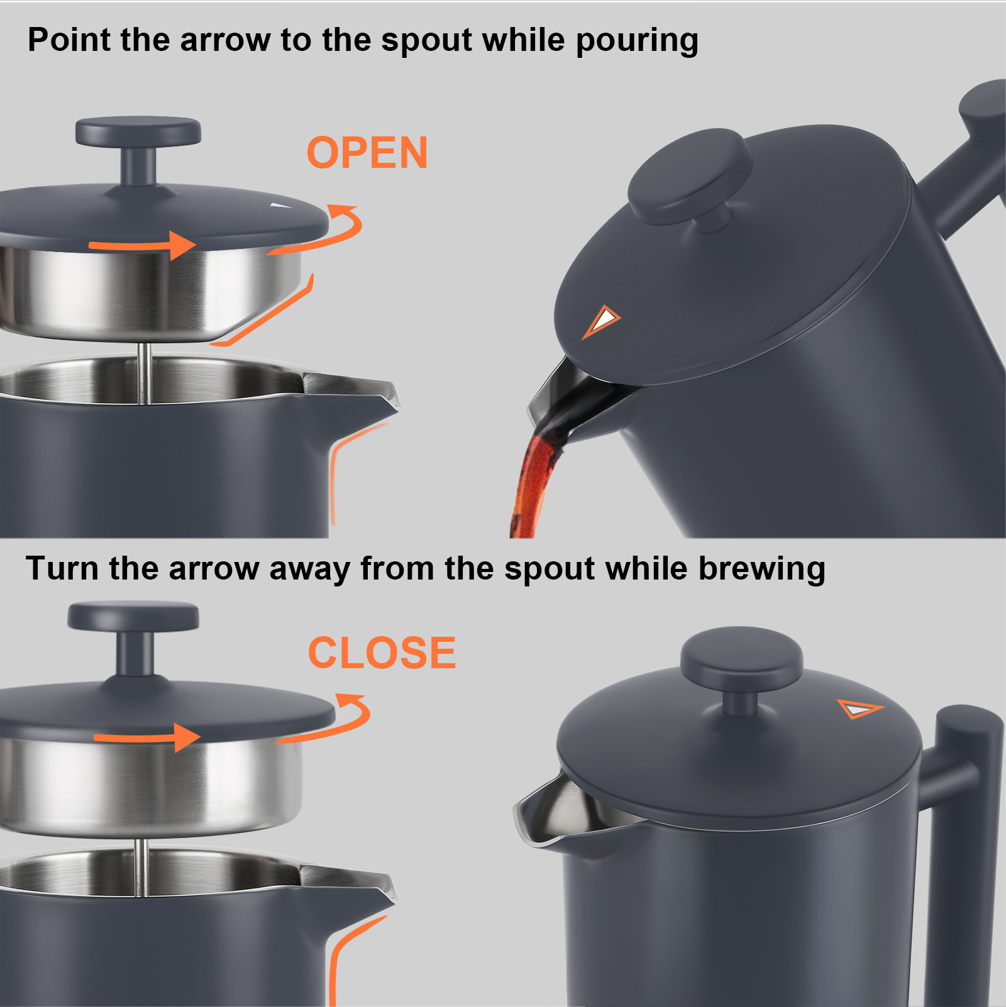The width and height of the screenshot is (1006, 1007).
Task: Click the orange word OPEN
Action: [367, 153]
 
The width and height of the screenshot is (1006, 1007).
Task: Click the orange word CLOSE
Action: [382, 652]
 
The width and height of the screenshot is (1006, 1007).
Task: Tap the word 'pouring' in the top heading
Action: [636, 40]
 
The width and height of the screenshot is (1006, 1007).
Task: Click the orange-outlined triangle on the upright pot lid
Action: [860, 708]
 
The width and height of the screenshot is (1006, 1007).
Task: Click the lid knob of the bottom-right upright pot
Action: [741, 660]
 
